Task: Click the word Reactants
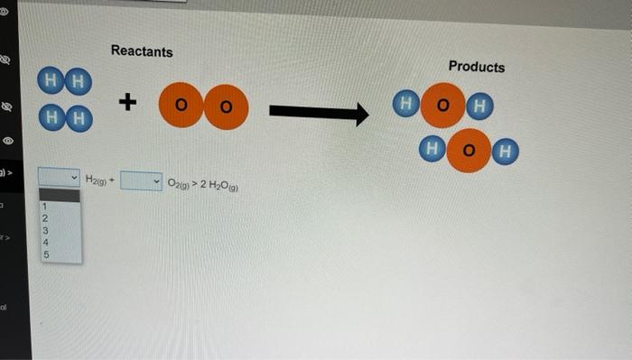(x=142, y=51)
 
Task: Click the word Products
(x=477, y=67)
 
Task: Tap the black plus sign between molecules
(x=128, y=104)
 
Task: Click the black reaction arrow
(x=319, y=114)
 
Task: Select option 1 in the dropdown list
(x=43, y=207)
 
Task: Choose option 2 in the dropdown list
(x=43, y=218)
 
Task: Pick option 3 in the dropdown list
(x=43, y=230)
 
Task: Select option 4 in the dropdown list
(x=43, y=242)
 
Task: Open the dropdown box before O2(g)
(x=142, y=182)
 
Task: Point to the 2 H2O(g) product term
(x=217, y=186)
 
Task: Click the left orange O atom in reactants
(x=181, y=106)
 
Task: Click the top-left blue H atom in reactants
(x=51, y=80)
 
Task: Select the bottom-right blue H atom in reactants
(x=79, y=117)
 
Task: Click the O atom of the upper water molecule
(x=442, y=106)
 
